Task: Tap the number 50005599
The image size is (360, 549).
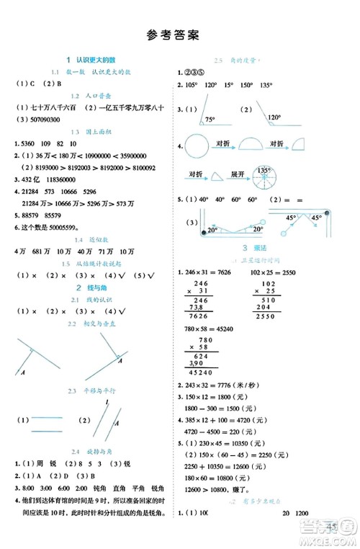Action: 66,226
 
